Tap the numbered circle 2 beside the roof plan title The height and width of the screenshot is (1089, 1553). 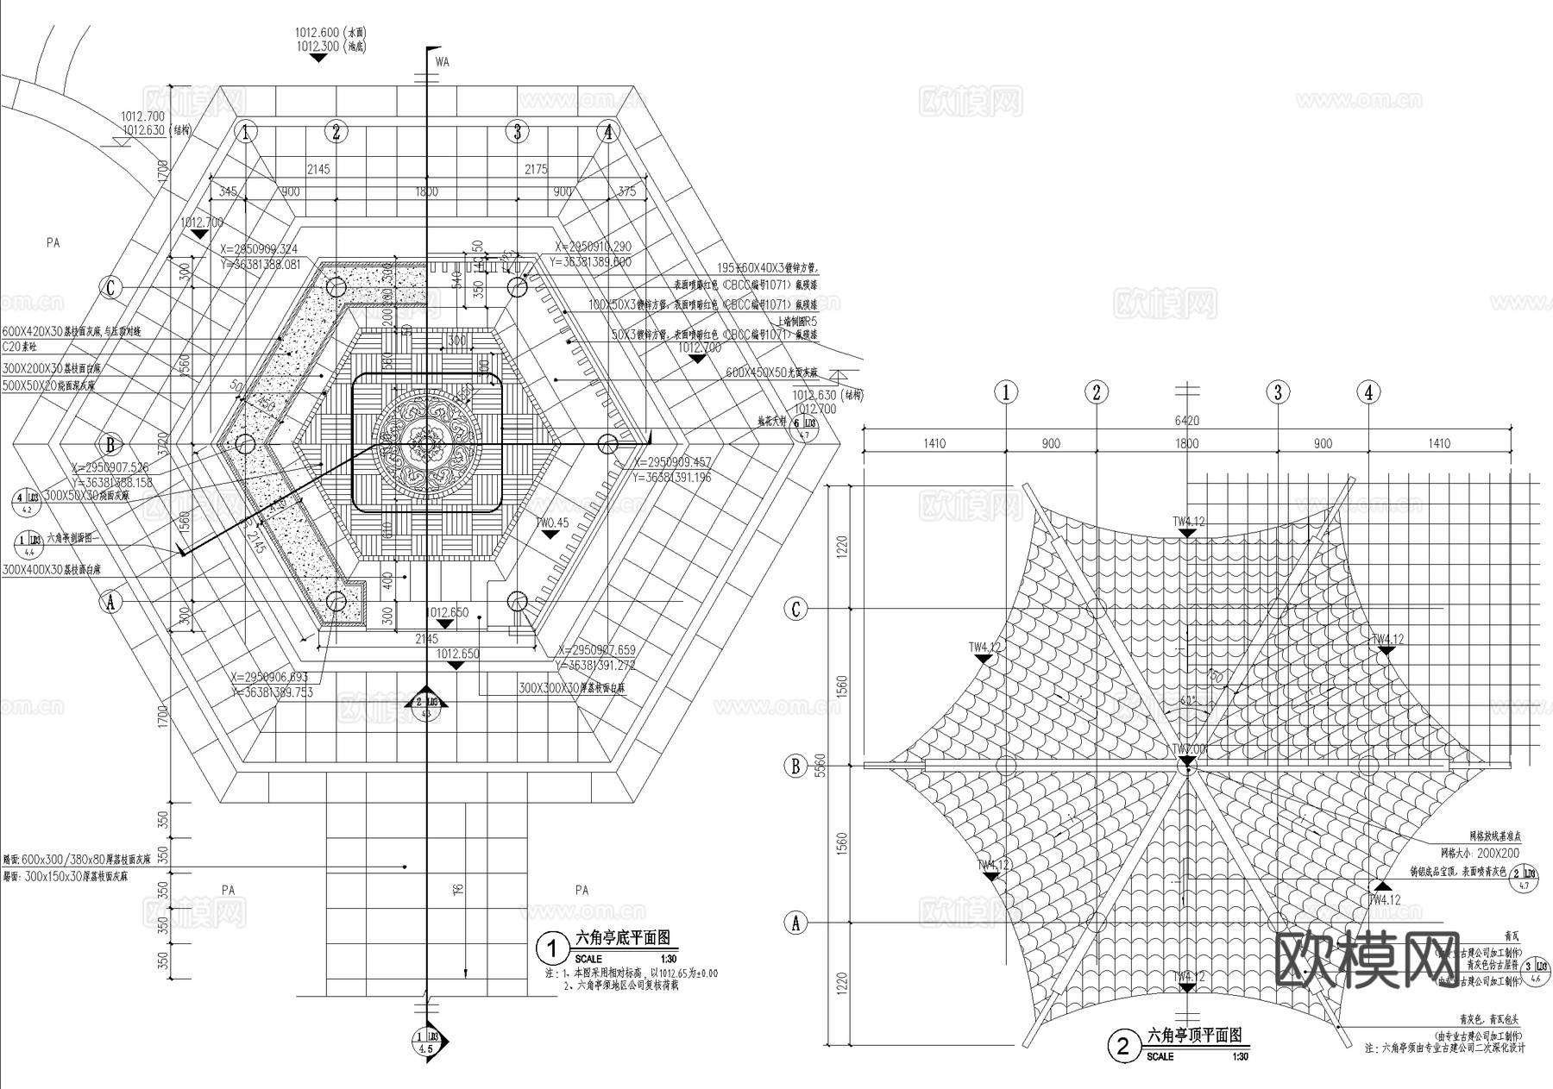1122,1048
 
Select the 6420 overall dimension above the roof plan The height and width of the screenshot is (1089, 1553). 1186,421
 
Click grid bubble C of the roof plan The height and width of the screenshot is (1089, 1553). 795,610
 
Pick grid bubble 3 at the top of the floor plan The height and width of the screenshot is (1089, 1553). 518,132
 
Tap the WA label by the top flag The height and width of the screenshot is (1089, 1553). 443,62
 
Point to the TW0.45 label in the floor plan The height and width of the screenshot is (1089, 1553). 551,523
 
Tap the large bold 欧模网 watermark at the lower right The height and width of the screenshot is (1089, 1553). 1368,959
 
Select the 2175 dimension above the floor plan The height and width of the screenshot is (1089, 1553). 536,169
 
